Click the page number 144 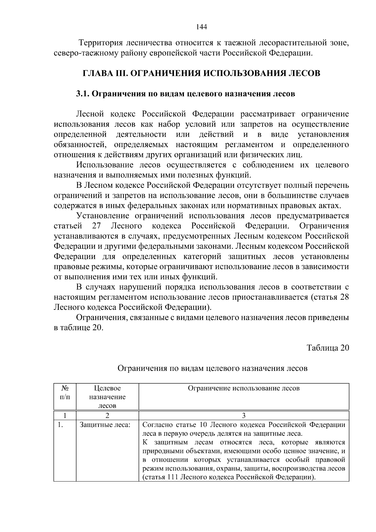201,27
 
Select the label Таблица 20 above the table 328,348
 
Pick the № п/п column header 65,392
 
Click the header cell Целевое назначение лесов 107,397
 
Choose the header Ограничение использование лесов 243,388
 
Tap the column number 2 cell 107,416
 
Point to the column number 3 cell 243,416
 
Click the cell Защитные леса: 105,425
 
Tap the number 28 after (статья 344,297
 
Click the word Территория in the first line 100,43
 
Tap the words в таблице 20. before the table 78,328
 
